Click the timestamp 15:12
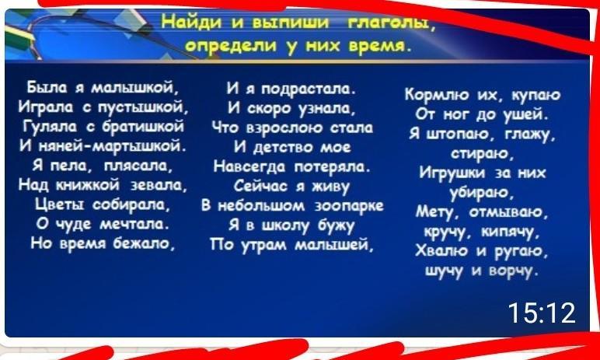click(542, 313)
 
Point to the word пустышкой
click(143, 108)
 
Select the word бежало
click(144, 243)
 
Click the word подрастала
click(309, 90)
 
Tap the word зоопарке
click(349, 206)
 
